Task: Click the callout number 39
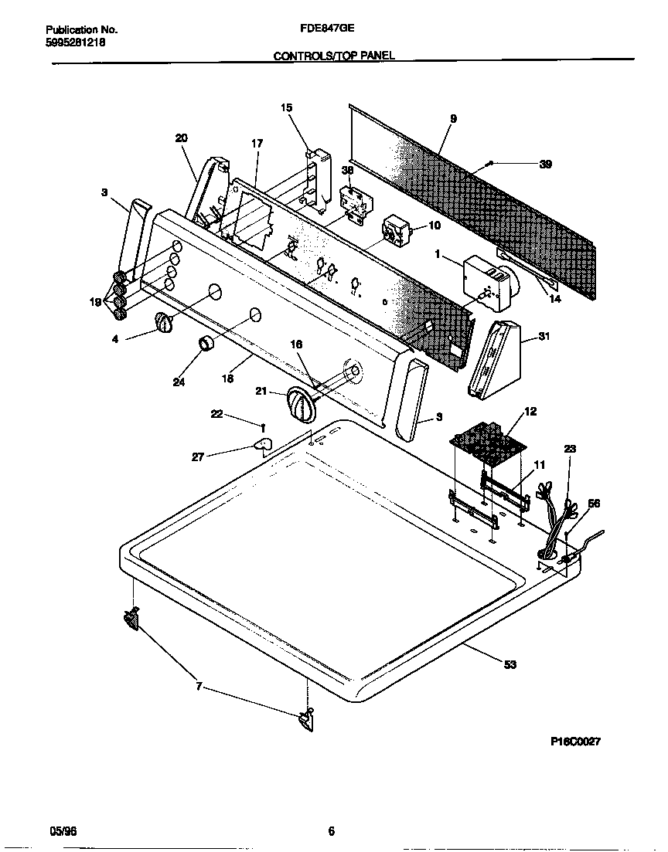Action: coord(545,165)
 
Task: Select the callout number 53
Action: coord(510,664)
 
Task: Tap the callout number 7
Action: coord(199,686)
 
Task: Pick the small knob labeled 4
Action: coord(162,324)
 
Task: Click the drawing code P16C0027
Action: coord(575,742)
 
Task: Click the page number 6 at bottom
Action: coord(331,831)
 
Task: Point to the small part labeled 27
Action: coord(263,444)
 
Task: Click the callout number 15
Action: coord(287,108)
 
